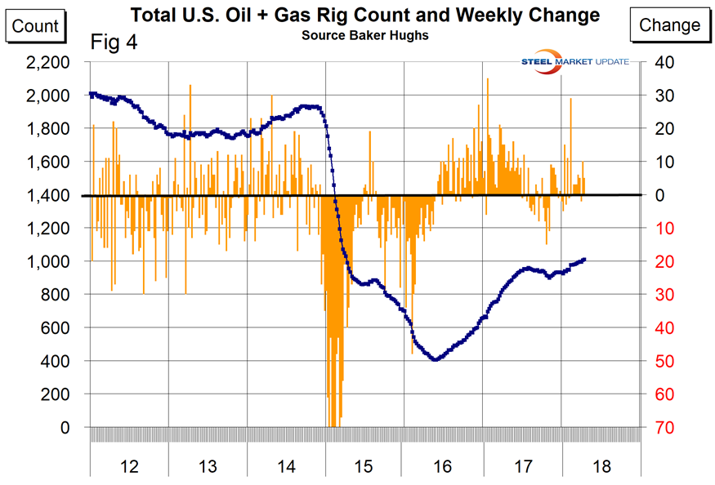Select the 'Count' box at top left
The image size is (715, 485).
(x=36, y=25)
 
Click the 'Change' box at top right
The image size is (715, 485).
(x=669, y=25)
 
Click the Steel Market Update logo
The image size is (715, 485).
(x=578, y=61)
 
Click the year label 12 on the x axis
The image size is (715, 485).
(x=129, y=466)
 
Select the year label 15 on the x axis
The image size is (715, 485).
(x=364, y=466)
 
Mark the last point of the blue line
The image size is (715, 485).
(x=584, y=260)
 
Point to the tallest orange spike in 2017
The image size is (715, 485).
(x=488, y=79)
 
